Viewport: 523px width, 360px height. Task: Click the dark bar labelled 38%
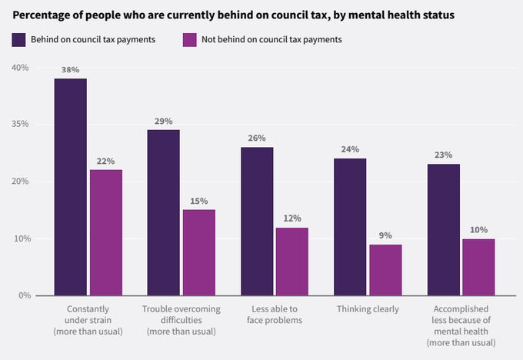tap(70, 187)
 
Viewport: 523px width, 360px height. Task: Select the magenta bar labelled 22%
tap(106, 232)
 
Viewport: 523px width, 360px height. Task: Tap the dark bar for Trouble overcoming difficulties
tap(163, 212)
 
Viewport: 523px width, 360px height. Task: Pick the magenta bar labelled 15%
tap(198, 252)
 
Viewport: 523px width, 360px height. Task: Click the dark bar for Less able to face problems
tap(257, 221)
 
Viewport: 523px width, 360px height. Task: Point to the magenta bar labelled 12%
tap(292, 262)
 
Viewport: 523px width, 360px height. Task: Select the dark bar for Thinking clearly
tap(350, 227)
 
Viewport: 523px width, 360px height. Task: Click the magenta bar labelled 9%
tap(385, 270)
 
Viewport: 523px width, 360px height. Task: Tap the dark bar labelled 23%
tap(443, 229)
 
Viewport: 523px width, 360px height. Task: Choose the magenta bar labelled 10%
tap(478, 267)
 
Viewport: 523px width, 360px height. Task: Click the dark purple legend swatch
tap(19, 39)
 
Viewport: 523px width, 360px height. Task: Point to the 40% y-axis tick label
tap(20, 68)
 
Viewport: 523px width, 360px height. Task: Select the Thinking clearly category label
tap(368, 309)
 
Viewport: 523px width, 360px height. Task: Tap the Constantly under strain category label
tap(88, 320)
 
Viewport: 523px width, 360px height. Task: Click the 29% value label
tap(163, 122)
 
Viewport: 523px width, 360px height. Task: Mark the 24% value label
tap(350, 150)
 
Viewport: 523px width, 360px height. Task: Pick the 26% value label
tap(257, 138)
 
